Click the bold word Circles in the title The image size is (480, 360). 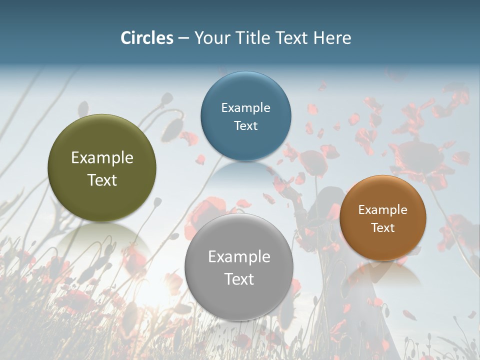[147, 38]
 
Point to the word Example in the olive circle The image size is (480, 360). [102, 158]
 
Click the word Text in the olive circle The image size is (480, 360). [102, 180]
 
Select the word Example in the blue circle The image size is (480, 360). [246, 108]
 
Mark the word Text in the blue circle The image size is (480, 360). [246, 125]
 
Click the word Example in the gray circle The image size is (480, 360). [239, 257]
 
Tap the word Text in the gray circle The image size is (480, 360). [239, 279]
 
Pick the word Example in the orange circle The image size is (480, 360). [383, 210]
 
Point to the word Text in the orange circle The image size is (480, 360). [383, 228]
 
